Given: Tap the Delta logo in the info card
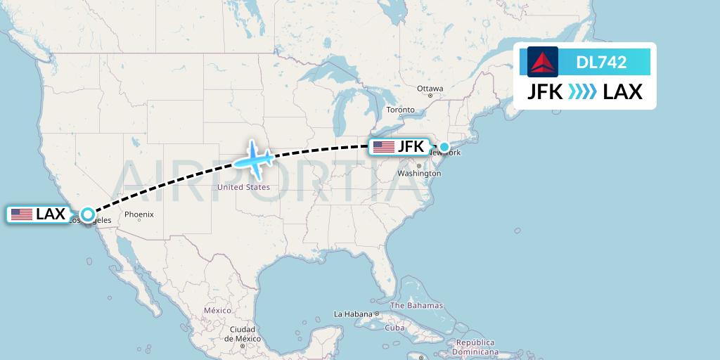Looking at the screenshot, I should click(543, 62).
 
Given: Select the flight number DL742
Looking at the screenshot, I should click(601, 63).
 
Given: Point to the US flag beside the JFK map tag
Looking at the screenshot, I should click(384, 147).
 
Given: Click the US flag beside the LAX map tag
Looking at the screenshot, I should click(22, 214).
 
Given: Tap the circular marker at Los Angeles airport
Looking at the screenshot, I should click(87, 214).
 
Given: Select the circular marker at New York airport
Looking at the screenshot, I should click(444, 147).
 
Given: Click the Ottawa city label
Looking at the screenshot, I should click(430, 89).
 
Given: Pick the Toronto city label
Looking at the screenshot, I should click(401, 110).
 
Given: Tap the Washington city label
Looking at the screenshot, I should click(414, 173).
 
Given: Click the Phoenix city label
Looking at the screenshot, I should click(139, 214).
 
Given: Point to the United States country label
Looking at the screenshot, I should click(243, 187).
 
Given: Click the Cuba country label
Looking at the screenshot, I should click(394, 328).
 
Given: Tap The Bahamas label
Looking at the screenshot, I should click(416, 305).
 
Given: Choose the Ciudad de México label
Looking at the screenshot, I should click(242, 333).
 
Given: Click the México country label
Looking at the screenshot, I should click(217, 310).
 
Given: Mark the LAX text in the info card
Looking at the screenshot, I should click(623, 91).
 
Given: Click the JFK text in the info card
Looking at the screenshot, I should click(545, 91).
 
